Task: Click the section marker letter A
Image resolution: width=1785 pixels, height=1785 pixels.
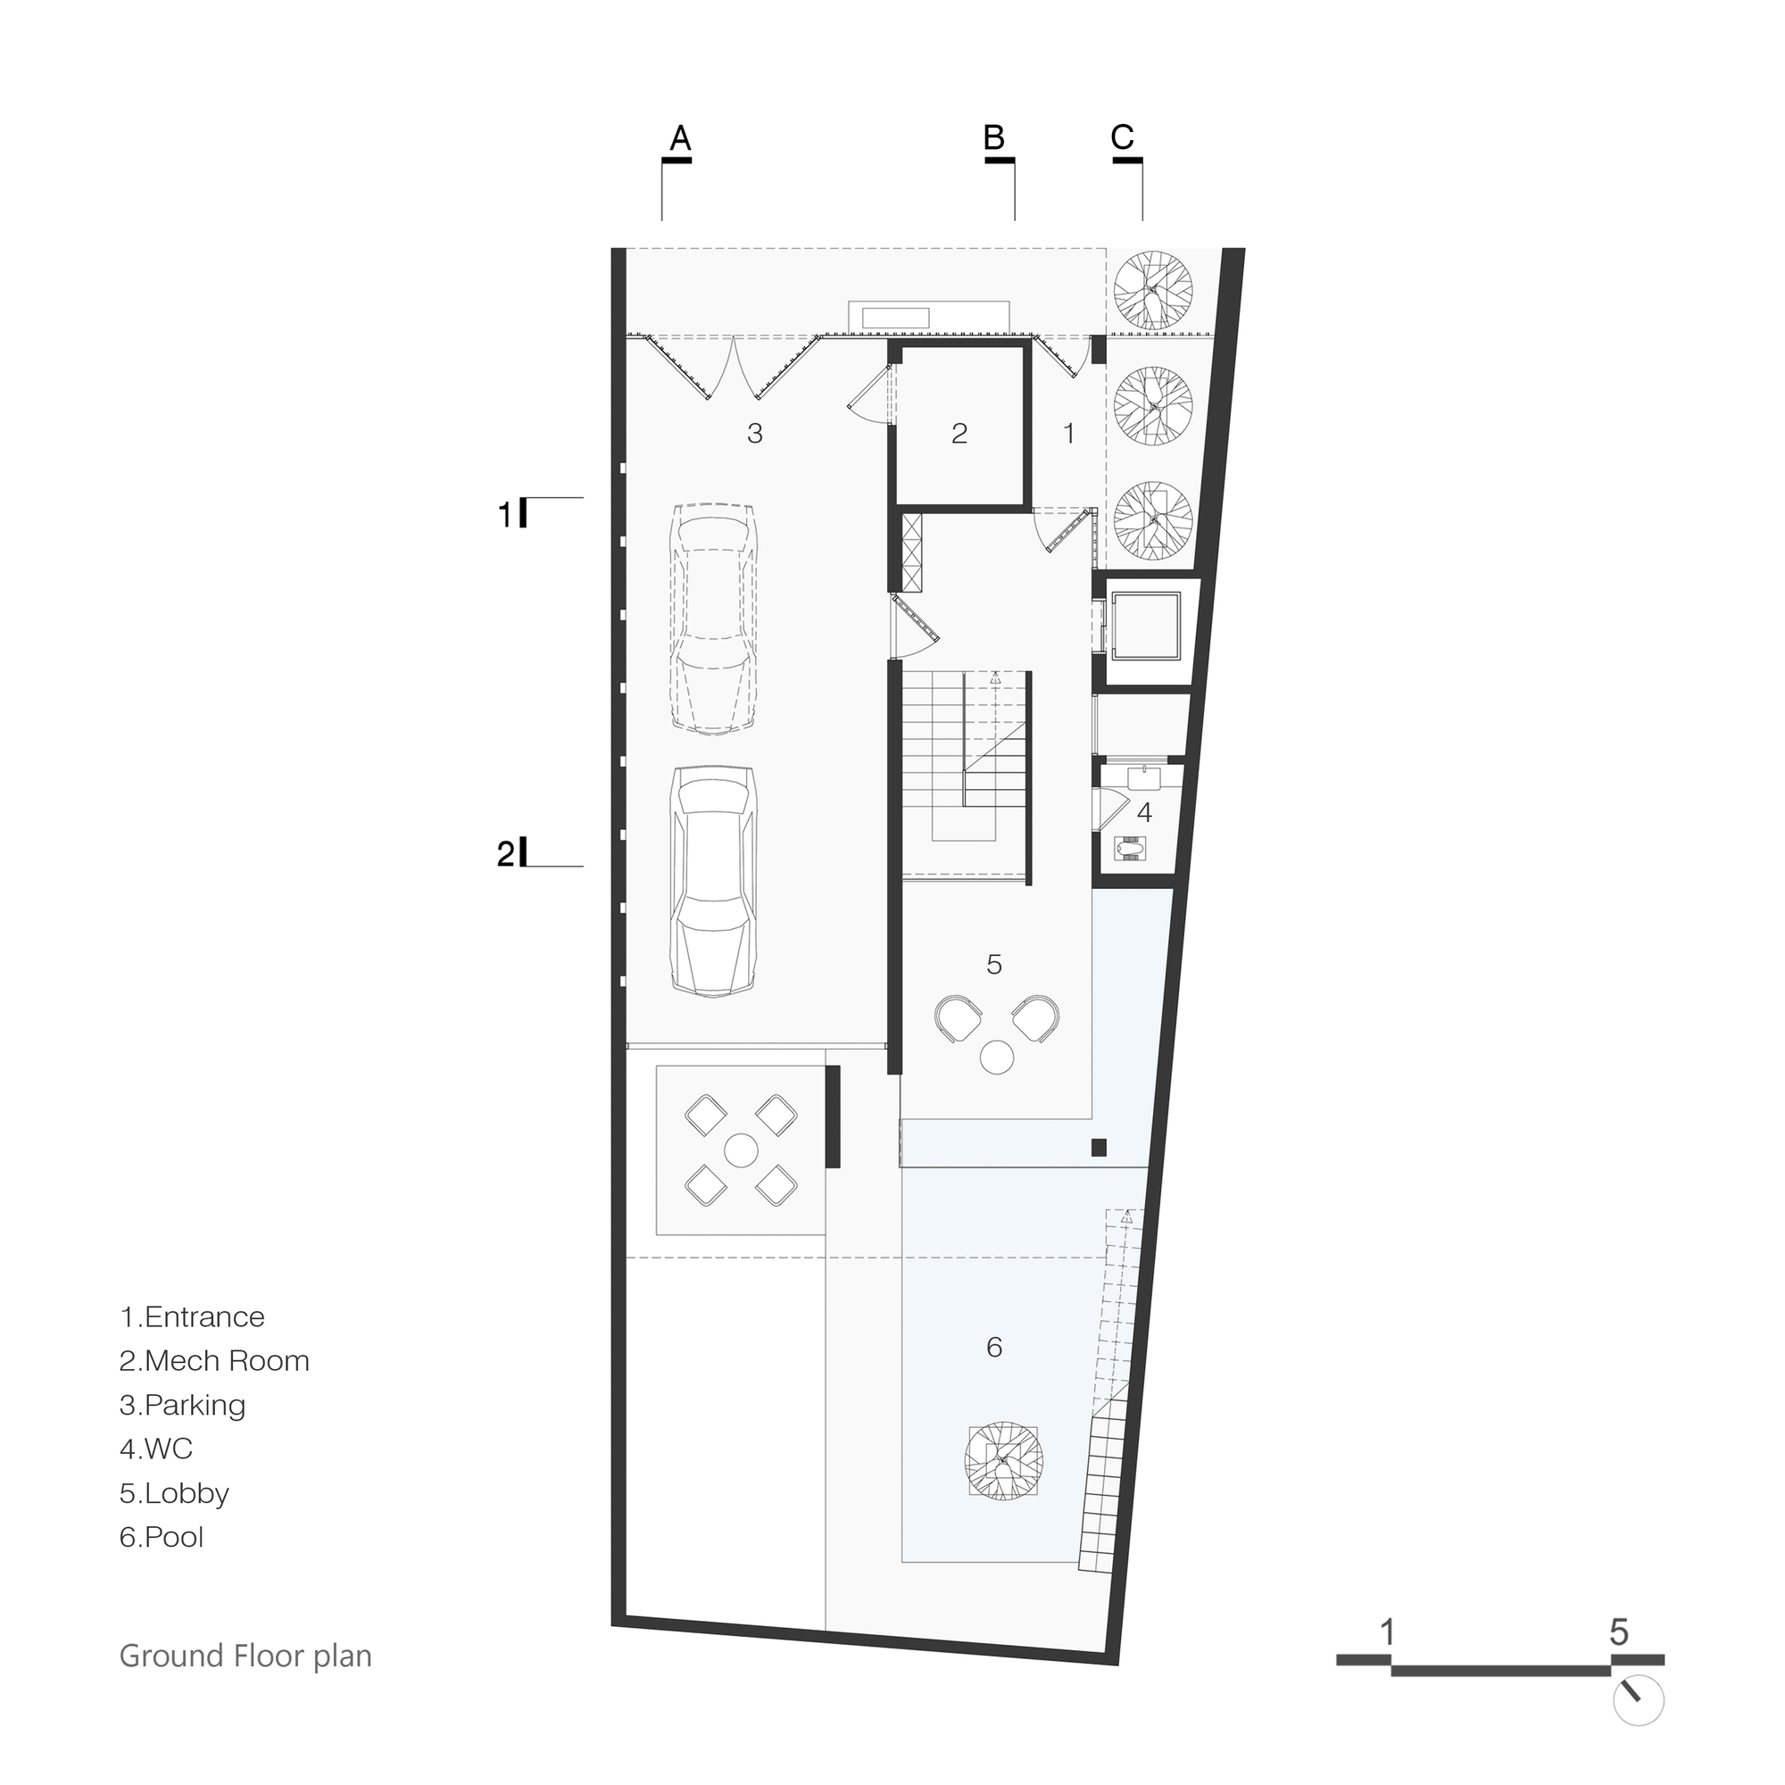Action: coord(679,137)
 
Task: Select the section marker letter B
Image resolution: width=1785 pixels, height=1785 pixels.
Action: coord(993,137)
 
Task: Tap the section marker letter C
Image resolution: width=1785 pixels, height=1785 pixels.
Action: coord(1122,137)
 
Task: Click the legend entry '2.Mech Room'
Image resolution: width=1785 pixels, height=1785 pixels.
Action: coord(214,1361)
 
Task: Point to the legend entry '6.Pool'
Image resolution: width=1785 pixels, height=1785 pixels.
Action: coord(162,1538)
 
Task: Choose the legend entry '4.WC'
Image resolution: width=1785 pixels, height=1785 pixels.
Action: coord(156,1449)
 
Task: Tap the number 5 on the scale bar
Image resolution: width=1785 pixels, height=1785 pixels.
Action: coord(1619,1632)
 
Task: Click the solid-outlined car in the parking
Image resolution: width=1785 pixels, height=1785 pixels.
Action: coord(714,881)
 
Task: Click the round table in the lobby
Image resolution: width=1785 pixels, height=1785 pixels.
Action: coord(997,1057)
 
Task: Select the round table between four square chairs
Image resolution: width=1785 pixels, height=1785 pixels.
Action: coord(740,1150)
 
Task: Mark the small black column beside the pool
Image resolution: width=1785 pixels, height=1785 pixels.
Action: coord(1099,1148)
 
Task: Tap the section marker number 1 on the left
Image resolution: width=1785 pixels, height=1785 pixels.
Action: coord(504,515)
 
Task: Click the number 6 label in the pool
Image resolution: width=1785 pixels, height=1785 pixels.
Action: coord(994,1347)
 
